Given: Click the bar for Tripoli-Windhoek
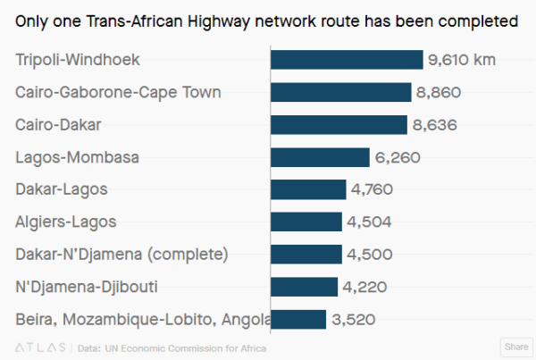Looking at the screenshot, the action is click(x=347, y=60).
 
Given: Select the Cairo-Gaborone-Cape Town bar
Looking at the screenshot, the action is click(x=341, y=92).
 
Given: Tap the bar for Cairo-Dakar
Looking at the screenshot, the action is click(x=339, y=125).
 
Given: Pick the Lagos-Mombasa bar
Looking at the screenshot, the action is click(x=320, y=157).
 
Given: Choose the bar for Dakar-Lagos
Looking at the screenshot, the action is click(x=308, y=189).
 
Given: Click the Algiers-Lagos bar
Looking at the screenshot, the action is click(x=306, y=222).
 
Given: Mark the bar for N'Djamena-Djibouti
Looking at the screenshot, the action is click(x=304, y=287).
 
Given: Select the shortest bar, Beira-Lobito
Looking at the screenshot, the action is click(x=298, y=319).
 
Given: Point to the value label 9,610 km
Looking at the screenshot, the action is click(x=462, y=60).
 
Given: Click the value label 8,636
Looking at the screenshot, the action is click(x=435, y=125).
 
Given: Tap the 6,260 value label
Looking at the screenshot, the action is click(x=398, y=157).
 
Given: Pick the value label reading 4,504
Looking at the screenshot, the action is click(x=369, y=222).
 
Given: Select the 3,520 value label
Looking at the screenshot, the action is click(x=354, y=320).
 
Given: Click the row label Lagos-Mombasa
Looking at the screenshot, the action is click(x=77, y=158).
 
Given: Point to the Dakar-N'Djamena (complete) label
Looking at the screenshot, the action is click(x=121, y=255).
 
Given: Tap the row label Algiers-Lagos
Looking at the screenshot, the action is click(x=66, y=222).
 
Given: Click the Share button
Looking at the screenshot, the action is click(x=516, y=347).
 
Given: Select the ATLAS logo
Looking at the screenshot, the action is click(x=40, y=347).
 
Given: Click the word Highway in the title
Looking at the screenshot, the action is click(x=219, y=21).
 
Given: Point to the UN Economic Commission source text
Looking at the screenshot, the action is click(x=186, y=348).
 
